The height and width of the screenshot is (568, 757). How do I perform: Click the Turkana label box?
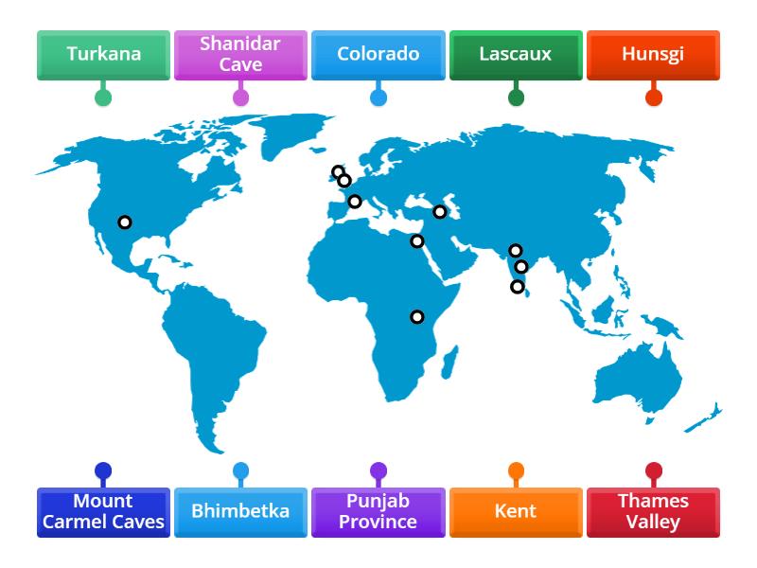[x=103, y=54]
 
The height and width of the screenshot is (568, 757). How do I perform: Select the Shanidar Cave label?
[x=240, y=54]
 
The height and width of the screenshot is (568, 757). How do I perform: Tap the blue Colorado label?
[x=378, y=54]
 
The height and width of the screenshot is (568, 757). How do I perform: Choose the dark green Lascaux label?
[x=515, y=54]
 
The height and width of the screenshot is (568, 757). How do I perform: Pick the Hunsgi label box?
[x=653, y=54]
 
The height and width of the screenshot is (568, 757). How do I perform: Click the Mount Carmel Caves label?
[x=103, y=511]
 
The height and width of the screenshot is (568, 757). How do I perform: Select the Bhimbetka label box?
[x=240, y=511]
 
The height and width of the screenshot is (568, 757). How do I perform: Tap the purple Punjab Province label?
[x=378, y=511]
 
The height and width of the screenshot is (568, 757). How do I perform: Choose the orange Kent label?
[x=515, y=511]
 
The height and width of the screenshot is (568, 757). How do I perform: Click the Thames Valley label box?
[x=653, y=511]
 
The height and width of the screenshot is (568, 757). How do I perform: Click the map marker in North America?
[x=124, y=222]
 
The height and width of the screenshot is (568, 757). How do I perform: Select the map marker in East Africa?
[x=416, y=316]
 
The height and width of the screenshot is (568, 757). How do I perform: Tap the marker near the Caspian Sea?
[x=440, y=212]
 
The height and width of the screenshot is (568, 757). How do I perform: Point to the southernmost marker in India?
[x=518, y=287]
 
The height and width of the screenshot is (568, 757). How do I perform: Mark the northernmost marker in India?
[x=515, y=251]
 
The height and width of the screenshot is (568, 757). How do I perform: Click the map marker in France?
[x=355, y=201]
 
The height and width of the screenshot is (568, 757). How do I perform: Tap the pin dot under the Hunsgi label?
[x=653, y=98]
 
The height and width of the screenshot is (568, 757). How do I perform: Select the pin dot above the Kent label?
[x=516, y=470]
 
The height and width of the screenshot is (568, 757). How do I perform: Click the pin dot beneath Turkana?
[x=103, y=98]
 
